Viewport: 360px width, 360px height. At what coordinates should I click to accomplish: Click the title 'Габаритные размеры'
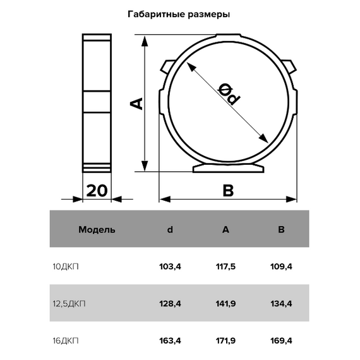tap(179, 15)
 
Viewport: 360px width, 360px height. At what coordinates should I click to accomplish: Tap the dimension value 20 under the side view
tap(97, 191)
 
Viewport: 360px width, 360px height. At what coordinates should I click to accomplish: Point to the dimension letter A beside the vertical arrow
tap(136, 104)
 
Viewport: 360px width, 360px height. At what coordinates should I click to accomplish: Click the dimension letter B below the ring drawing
tap(228, 191)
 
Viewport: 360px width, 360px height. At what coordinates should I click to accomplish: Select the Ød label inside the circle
tap(229, 93)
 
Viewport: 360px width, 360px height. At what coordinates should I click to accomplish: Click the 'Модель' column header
tap(97, 229)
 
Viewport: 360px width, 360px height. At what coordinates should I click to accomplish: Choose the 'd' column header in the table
tap(170, 229)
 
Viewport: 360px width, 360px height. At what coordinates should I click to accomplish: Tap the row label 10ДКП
tap(66, 267)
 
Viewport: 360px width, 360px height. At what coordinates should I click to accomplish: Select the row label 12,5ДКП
tap(69, 304)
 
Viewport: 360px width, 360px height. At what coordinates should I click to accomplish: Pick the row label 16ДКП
tap(66, 340)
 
